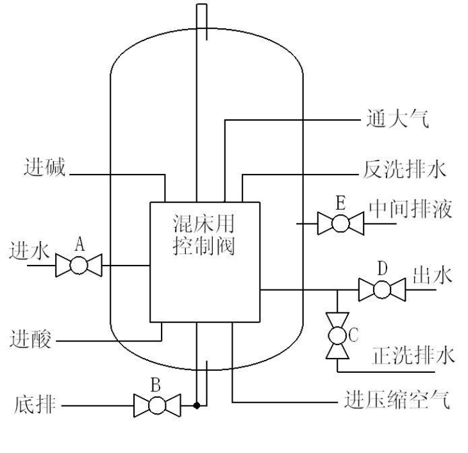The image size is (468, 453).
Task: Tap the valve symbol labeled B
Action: point(156,406)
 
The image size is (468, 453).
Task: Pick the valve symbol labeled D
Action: point(382,289)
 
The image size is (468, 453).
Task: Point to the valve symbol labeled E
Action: point(341,223)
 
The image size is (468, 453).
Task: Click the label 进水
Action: point(29,251)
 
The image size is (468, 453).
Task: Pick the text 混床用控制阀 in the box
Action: point(204,235)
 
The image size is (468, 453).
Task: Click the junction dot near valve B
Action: point(197,406)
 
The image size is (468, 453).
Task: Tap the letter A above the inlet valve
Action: point(79,244)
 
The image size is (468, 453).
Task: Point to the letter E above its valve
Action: point(341,203)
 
